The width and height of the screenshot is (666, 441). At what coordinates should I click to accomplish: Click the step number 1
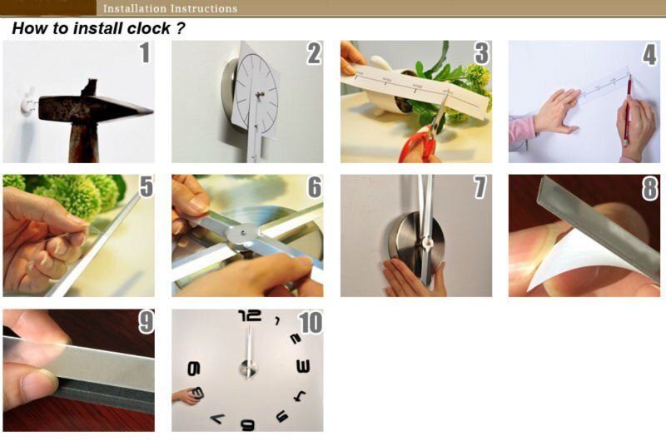[144, 54]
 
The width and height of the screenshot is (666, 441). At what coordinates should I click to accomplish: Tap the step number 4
[649, 54]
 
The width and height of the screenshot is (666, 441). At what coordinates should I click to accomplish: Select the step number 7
[480, 188]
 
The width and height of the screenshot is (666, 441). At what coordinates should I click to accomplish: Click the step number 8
[649, 188]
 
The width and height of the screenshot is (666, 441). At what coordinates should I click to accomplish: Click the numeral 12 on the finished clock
[249, 315]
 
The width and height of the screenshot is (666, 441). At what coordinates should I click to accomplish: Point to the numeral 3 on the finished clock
[303, 366]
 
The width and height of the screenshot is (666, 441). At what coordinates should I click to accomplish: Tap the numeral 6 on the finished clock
[247, 424]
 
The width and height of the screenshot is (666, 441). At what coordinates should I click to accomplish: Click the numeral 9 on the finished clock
[194, 369]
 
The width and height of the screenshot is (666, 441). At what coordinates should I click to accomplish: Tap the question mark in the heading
[179, 28]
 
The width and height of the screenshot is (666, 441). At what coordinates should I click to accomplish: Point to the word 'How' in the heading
[28, 28]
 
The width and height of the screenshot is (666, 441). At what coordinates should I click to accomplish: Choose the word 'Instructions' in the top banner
[204, 8]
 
